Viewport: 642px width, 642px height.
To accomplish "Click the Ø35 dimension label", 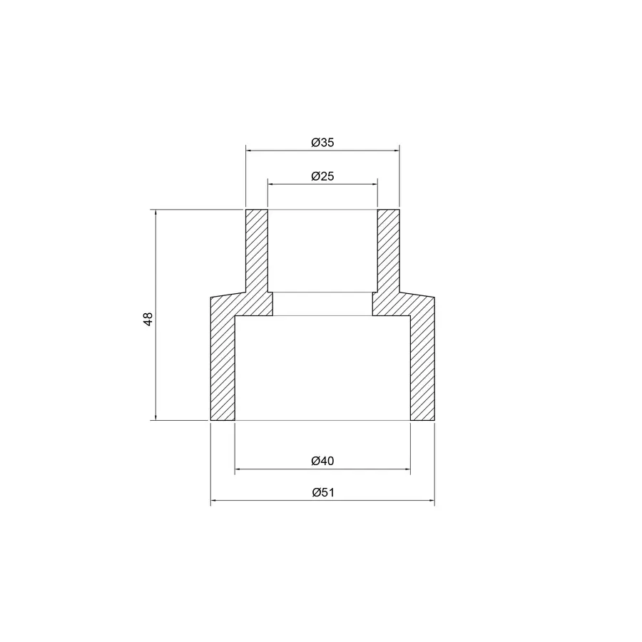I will pos(322,143).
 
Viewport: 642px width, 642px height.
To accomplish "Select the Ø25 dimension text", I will pos(322,176).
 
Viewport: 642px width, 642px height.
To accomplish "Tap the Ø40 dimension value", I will pos(322,461).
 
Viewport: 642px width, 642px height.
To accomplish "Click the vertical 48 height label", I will pos(148,319).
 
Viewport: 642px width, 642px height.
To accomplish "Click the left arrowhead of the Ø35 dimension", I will pos(250,151).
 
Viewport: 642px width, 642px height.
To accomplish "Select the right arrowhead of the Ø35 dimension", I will pos(395,151).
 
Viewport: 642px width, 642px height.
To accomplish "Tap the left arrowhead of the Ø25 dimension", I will pos(271,184).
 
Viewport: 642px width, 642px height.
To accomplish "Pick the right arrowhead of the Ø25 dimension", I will pos(374,184).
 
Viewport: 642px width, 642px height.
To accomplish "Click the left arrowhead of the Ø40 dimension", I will pos(239,469).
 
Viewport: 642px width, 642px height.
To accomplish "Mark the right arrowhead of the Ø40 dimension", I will pos(407,469).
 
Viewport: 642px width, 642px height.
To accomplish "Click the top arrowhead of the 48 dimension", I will pos(156,214).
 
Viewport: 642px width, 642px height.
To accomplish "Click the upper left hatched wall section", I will pos(256,250).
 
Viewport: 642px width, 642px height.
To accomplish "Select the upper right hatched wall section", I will pos(388,250).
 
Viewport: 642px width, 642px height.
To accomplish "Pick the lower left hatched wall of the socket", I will pos(222,364).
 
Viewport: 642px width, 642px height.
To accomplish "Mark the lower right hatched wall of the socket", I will pos(422,364).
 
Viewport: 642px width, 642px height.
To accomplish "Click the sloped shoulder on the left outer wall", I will pos(228,294).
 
